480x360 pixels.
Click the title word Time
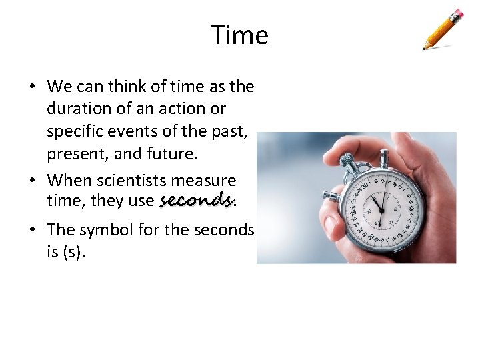point(239,35)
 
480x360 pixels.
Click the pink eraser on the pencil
point(457,14)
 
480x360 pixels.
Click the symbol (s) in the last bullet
point(74,252)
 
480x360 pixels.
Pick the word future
point(173,154)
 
